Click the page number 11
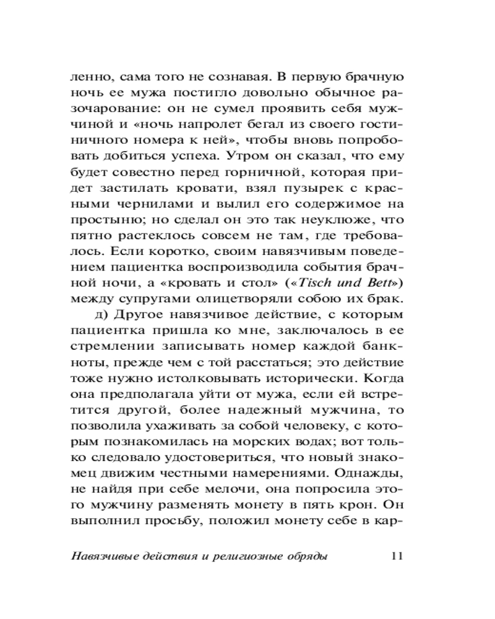point(398,555)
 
